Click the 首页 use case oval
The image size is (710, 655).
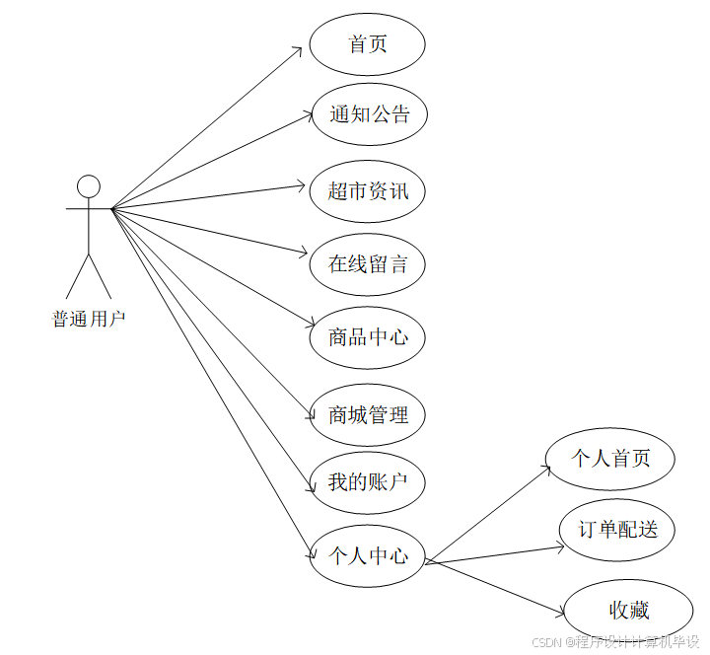tap(368, 44)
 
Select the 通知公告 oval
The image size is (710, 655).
tap(369, 114)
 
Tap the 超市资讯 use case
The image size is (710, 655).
tap(368, 189)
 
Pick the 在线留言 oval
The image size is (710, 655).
tap(368, 263)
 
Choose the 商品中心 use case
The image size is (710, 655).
tap(368, 337)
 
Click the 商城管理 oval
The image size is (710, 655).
tap(368, 414)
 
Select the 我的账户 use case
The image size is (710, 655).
tap(368, 482)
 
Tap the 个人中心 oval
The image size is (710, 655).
tap(368, 556)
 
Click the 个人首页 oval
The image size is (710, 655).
tap(611, 459)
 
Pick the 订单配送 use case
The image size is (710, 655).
tap(617, 530)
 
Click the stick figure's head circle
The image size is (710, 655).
tap(89, 185)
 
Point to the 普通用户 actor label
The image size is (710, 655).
tap(89, 320)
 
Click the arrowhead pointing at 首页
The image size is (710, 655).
tap(299, 49)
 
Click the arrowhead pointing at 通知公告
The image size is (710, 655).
tap(307, 115)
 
